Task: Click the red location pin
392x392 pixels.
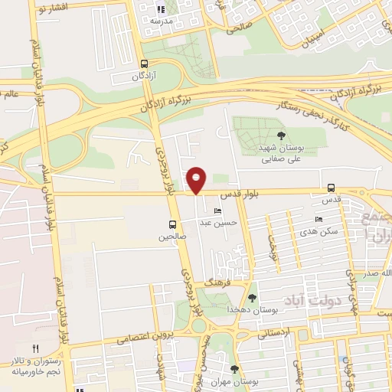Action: [197, 180]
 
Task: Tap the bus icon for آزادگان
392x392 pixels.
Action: [145, 64]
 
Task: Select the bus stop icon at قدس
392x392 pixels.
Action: [331, 188]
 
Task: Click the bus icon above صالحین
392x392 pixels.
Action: [172, 225]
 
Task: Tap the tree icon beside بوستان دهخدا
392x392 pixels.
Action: [253, 298]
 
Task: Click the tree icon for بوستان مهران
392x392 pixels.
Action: [234, 369]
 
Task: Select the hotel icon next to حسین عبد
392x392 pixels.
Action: [218, 211]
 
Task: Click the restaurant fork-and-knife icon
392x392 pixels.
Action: [35, 349]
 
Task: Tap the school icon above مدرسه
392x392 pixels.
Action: [160, 10]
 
